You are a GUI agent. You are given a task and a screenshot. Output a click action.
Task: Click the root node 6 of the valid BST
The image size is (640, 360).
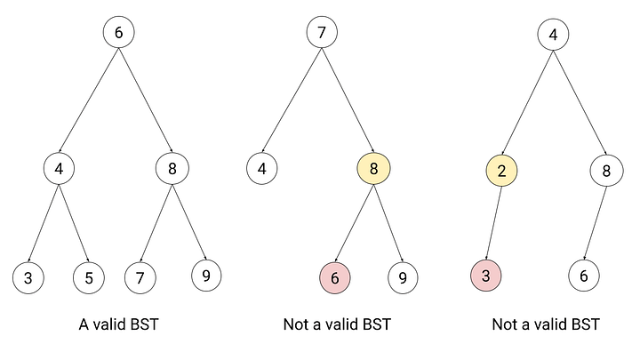pyautogui.click(x=118, y=32)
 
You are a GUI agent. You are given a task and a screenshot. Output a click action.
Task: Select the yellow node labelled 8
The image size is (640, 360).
pyautogui.click(x=374, y=168)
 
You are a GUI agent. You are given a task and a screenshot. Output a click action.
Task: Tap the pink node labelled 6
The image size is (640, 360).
pyautogui.click(x=335, y=278)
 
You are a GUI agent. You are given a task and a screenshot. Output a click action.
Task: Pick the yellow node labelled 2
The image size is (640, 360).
pyautogui.click(x=501, y=170)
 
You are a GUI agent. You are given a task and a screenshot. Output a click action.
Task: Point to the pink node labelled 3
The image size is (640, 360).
pyautogui.click(x=485, y=276)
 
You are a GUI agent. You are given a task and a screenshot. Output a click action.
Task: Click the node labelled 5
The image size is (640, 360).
pyautogui.click(x=89, y=278)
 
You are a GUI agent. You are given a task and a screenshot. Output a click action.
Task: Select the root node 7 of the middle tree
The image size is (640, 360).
pyautogui.click(x=322, y=32)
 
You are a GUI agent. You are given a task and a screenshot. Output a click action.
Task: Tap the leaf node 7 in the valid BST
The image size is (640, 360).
pyautogui.click(x=140, y=278)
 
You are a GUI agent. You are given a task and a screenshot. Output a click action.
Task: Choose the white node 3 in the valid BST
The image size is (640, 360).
pyautogui.click(x=28, y=278)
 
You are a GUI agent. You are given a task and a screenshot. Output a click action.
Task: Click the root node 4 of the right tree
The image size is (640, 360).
pyautogui.click(x=553, y=35)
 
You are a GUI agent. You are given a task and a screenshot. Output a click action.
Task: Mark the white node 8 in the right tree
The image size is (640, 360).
pyautogui.click(x=606, y=170)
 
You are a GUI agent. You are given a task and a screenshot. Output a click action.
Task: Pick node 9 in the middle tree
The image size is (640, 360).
pyautogui.click(x=403, y=278)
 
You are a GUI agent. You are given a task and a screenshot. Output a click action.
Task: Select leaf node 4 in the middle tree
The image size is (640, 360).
pyautogui.click(x=262, y=168)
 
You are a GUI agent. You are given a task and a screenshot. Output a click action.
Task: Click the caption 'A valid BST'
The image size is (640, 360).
pyautogui.click(x=118, y=324)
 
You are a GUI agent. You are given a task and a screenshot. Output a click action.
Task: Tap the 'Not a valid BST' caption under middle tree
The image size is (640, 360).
pyautogui.click(x=337, y=324)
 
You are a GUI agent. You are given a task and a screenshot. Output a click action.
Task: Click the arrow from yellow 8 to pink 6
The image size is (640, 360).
pyautogui.click(x=355, y=223)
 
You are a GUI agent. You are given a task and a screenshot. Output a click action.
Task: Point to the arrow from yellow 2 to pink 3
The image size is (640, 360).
pyautogui.click(x=494, y=223)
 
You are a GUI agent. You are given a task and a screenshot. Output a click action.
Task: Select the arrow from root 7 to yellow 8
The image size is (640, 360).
pyautogui.click(x=348, y=100)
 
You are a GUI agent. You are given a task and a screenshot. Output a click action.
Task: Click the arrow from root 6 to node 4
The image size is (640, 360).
pyautogui.click(x=89, y=100)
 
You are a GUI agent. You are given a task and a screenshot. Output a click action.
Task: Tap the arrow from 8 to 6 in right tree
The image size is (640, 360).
pyautogui.click(x=595, y=223)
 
